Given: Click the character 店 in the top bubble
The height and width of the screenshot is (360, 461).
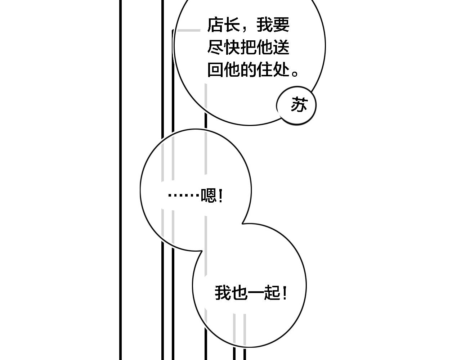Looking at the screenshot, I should tap(215, 25).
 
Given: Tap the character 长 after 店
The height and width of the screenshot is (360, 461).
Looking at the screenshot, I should tap(232, 25).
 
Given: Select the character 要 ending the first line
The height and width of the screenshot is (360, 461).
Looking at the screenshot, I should tap(281, 25).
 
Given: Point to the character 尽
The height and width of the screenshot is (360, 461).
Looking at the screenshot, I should tap(215, 47).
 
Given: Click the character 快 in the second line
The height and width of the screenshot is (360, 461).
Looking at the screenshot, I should tap(232, 47).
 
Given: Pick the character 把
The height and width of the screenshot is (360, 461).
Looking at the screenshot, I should tap(248, 47).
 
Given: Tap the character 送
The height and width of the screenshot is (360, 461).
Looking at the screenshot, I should tap(281, 47).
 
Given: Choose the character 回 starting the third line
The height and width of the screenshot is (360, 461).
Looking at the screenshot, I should tap(215, 69).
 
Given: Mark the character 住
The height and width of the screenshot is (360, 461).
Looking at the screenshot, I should tap(265, 69).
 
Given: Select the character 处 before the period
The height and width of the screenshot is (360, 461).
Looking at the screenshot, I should tap(281, 69).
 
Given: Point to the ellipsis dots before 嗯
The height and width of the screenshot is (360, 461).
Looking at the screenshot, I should tap(184, 195).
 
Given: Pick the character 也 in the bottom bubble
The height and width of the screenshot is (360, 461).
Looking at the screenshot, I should tap(240, 293).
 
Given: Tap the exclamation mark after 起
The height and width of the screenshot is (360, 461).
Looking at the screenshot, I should tap(285, 293).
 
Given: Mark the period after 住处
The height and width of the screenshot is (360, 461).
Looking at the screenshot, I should tap(295, 73).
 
